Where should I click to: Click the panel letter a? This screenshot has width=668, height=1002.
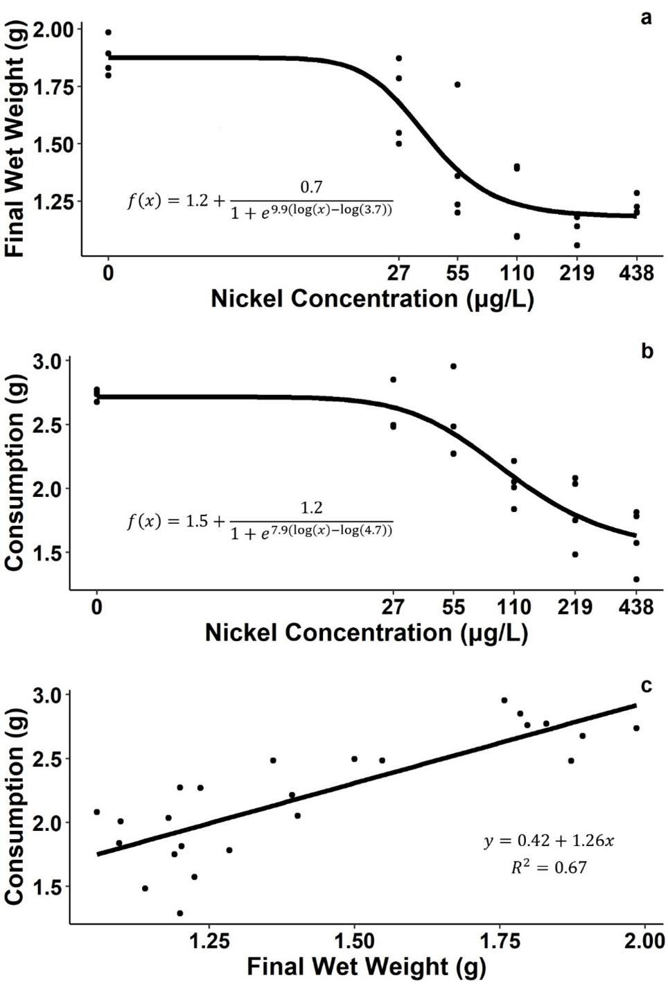[646, 18]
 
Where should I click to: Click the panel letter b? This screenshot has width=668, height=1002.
[647, 351]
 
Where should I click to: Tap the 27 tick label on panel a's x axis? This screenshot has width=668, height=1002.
[398, 272]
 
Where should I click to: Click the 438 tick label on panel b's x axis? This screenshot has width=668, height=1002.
[635, 607]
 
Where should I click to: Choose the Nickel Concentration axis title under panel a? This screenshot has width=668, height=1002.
[372, 299]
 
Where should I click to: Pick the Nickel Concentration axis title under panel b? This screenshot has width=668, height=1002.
[367, 633]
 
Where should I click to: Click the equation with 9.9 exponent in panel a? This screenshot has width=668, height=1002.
[260, 200]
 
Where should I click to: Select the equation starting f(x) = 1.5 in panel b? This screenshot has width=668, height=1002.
[260, 521]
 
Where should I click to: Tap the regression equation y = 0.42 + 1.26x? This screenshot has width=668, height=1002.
[549, 841]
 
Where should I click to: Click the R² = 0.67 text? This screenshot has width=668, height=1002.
[549, 867]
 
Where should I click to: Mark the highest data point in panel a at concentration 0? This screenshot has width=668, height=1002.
[108, 33]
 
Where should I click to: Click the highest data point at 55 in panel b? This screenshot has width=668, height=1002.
[453, 366]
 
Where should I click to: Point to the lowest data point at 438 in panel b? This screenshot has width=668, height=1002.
[636, 579]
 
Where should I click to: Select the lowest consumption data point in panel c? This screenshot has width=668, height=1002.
[180, 913]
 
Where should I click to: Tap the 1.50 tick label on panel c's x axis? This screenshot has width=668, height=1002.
[354, 941]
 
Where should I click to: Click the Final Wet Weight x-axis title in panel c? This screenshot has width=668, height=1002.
[367, 967]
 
